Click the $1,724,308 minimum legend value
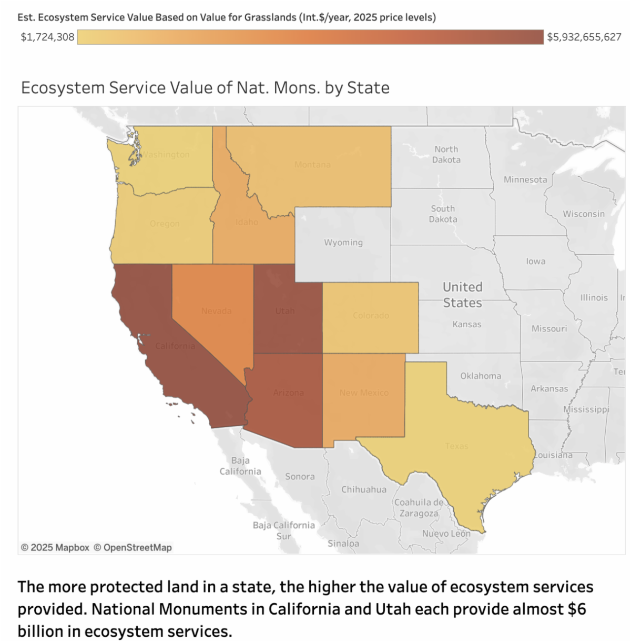pos(47,37)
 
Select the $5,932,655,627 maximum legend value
pos(584,37)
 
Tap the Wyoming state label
pos(343,243)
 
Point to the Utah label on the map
pos(285,311)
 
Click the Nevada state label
pos(216,311)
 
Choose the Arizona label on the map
pos(288,393)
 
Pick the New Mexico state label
pos(364,393)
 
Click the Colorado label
pos(371,316)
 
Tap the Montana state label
pos(312,165)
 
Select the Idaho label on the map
pos(247,222)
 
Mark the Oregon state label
pos(165,224)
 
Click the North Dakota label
pos(446,155)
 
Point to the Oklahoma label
pos(481,376)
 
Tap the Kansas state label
pos(467,324)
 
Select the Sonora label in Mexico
pos(300,476)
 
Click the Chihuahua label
pos(364,489)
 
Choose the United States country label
pos(462,295)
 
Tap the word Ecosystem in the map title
pos(63,87)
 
